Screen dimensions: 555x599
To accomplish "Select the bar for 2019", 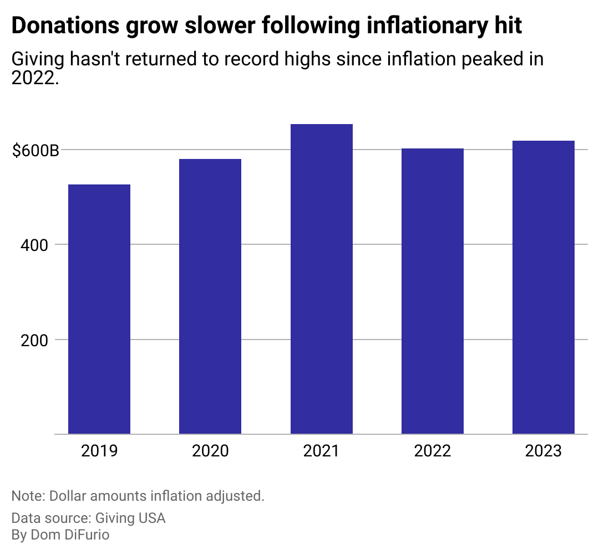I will pyautogui.click(x=99, y=309).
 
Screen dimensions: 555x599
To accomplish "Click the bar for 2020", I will pyautogui.click(x=210, y=296).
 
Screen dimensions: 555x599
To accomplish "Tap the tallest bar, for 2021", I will pyautogui.click(x=322, y=279).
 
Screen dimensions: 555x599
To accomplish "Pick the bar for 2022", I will pyautogui.click(x=433, y=291).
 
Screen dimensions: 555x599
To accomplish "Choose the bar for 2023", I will pyautogui.click(x=544, y=287).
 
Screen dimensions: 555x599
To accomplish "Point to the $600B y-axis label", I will pyautogui.click(x=35, y=150).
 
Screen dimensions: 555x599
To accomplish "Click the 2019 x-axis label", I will pyautogui.click(x=99, y=451).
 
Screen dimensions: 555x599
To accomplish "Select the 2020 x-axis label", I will pyautogui.click(x=210, y=451).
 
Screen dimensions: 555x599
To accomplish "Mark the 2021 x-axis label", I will pyautogui.click(x=322, y=451).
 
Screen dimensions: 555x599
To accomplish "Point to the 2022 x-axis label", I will pyautogui.click(x=433, y=451).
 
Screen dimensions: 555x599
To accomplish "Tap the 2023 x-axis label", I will pyautogui.click(x=544, y=451).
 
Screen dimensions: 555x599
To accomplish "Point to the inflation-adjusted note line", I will pyautogui.click(x=138, y=495).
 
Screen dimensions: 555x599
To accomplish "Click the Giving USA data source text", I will pyautogui.click(x=130, y=518).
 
